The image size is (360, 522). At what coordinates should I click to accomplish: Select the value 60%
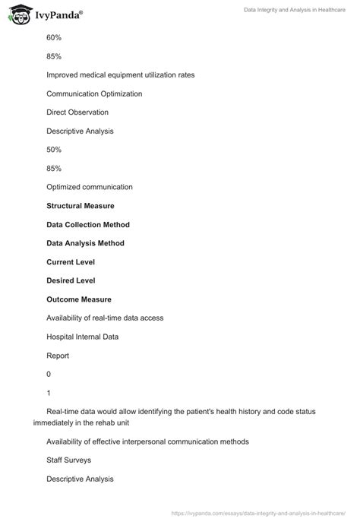click(53, 36)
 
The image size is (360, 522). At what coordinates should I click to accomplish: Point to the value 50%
click(53, 150)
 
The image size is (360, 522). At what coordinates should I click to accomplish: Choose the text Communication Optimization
click(94, 93)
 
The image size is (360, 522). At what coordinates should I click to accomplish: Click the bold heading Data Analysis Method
click(85, 243)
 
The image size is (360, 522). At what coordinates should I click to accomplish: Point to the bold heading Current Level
click(71, 262)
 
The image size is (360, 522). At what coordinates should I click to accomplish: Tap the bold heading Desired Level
click(71, 280)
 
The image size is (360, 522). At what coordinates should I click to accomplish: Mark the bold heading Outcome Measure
click(79, 299)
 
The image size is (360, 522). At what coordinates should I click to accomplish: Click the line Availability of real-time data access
click(105, 318)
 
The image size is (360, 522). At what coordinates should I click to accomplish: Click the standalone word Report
click(58, 355)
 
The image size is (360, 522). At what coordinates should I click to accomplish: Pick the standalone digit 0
click(49, 374)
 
